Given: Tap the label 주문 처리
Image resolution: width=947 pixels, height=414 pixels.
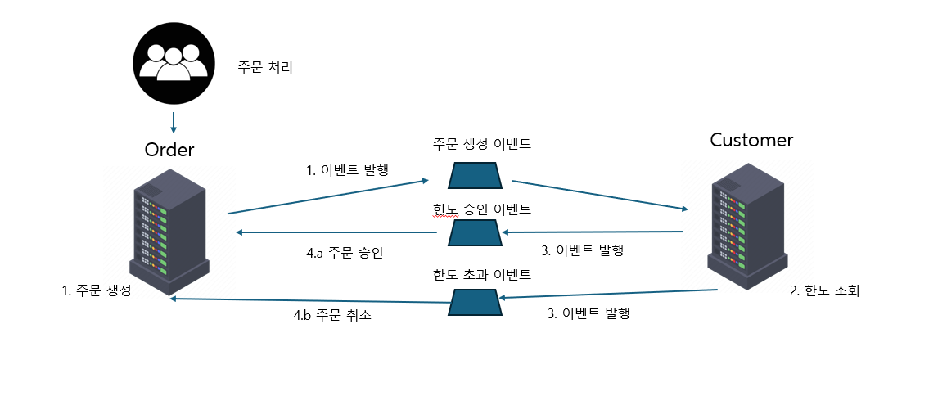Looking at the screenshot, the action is click(x=264, y=67).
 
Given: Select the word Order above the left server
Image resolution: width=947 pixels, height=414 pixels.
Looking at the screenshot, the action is click(x=169, y=149).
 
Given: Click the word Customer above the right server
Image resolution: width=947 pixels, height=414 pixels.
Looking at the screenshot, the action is click(x=751, y=140).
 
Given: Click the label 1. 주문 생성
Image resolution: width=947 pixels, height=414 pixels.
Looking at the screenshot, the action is click(x=97, y=291).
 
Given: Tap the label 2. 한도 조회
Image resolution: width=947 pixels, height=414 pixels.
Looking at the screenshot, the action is click(x=824, y=290).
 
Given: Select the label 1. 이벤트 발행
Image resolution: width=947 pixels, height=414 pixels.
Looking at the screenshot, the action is click(x=347, y=171).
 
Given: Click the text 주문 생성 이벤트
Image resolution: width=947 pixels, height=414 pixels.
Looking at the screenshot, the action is click(x=482, y=145).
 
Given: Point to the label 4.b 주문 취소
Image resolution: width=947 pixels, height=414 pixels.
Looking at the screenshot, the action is click(x=333, y=315).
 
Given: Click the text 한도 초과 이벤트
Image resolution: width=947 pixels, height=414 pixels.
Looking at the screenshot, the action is click(x=482, y=274).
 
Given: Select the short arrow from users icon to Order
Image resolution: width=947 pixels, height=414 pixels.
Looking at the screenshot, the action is click(x=173, y=122).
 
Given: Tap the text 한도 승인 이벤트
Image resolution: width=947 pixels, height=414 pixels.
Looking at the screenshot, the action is click(x=482, y=209).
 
